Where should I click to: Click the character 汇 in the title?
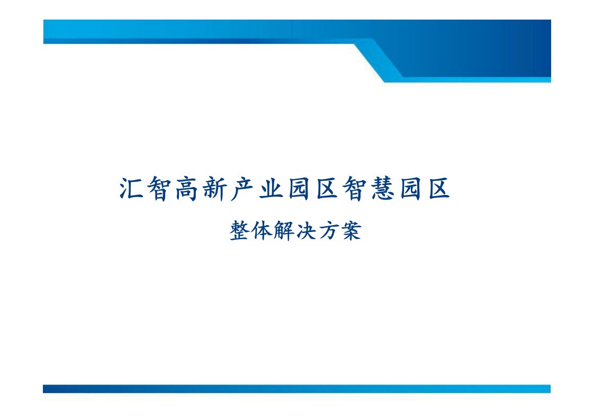click(131, 188)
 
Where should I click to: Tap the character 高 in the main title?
click(187, 189)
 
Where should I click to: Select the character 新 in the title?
click(215, 189)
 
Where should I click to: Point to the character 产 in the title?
click(243, 189)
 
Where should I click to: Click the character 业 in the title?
click(271, 189)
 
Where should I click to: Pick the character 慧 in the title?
click(383, 189)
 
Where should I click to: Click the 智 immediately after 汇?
click(159, 189)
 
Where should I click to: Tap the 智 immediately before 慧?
click(355, 189)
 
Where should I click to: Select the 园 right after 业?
click(299, 189)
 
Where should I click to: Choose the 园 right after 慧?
click(411, 189)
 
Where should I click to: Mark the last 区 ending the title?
click(439, 189)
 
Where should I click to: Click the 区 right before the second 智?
click(327, 189)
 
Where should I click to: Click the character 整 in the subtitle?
click(239, 230)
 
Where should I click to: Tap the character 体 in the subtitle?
click(262, 230)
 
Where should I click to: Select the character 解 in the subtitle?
click(284, 230)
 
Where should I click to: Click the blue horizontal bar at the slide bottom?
click(296, 389)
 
